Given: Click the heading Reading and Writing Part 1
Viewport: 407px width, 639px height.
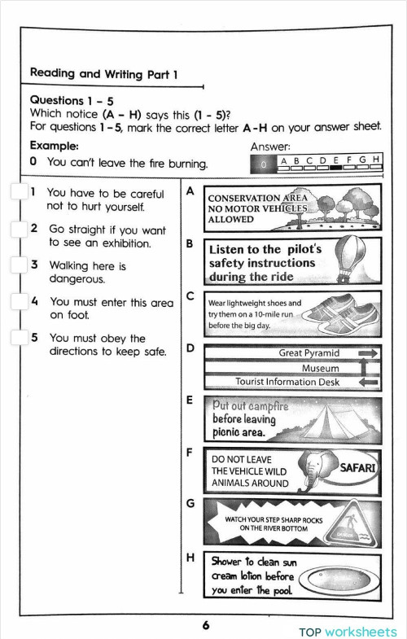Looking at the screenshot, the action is [103, 73].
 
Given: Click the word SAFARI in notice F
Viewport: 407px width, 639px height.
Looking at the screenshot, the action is [357, 467].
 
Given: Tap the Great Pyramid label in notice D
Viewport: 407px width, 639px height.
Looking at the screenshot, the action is [309, 353].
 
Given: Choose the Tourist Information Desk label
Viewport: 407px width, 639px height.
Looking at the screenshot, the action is [287, 381].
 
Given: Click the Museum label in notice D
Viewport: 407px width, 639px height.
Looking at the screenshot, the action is [320, 367].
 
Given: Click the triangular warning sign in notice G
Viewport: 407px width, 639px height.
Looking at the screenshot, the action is [349, 522].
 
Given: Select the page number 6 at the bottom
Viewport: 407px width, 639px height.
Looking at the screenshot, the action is [206, 625].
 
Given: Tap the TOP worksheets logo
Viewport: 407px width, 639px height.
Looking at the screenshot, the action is [348, 632].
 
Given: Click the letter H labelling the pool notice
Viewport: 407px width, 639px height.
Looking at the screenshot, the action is [190, 558].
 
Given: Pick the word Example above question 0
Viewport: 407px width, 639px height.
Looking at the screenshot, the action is [54, 146].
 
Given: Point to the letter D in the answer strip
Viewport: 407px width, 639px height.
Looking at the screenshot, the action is [322, 160].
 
